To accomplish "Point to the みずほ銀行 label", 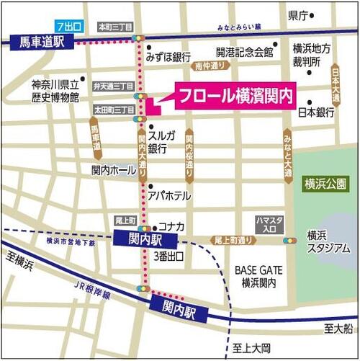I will (168, 56).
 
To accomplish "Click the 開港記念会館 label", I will (245, 52).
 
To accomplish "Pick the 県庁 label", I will (298, 14).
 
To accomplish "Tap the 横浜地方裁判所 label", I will (312, 57).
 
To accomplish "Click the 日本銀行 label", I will (316, 112).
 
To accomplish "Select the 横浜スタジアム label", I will (328, 241).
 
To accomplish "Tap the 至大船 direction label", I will (338, 329).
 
